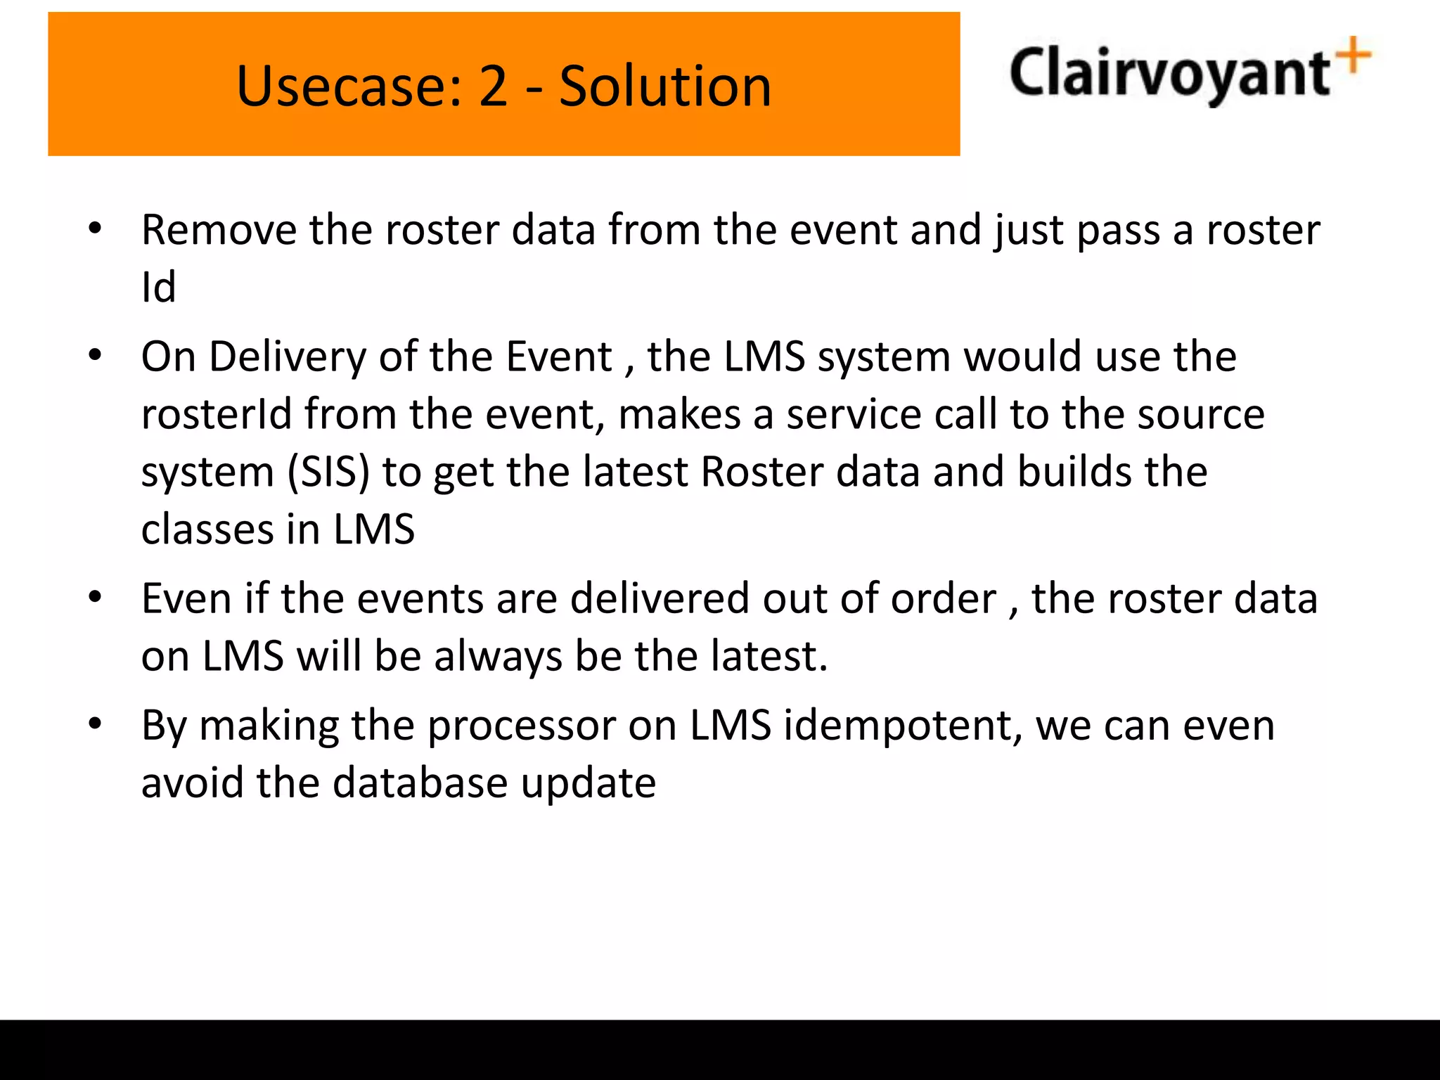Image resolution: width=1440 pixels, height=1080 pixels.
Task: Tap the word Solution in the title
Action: coord(665,86)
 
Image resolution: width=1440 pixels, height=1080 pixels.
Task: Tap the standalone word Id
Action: coord(158,287)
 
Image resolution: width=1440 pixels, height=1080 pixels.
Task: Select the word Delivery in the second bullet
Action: coord(287,356)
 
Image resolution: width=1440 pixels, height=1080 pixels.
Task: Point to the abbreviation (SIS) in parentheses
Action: coord(328,472)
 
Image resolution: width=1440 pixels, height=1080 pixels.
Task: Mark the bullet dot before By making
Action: coord(96,723)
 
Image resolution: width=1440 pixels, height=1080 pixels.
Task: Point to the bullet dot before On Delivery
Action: coord(96,355)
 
